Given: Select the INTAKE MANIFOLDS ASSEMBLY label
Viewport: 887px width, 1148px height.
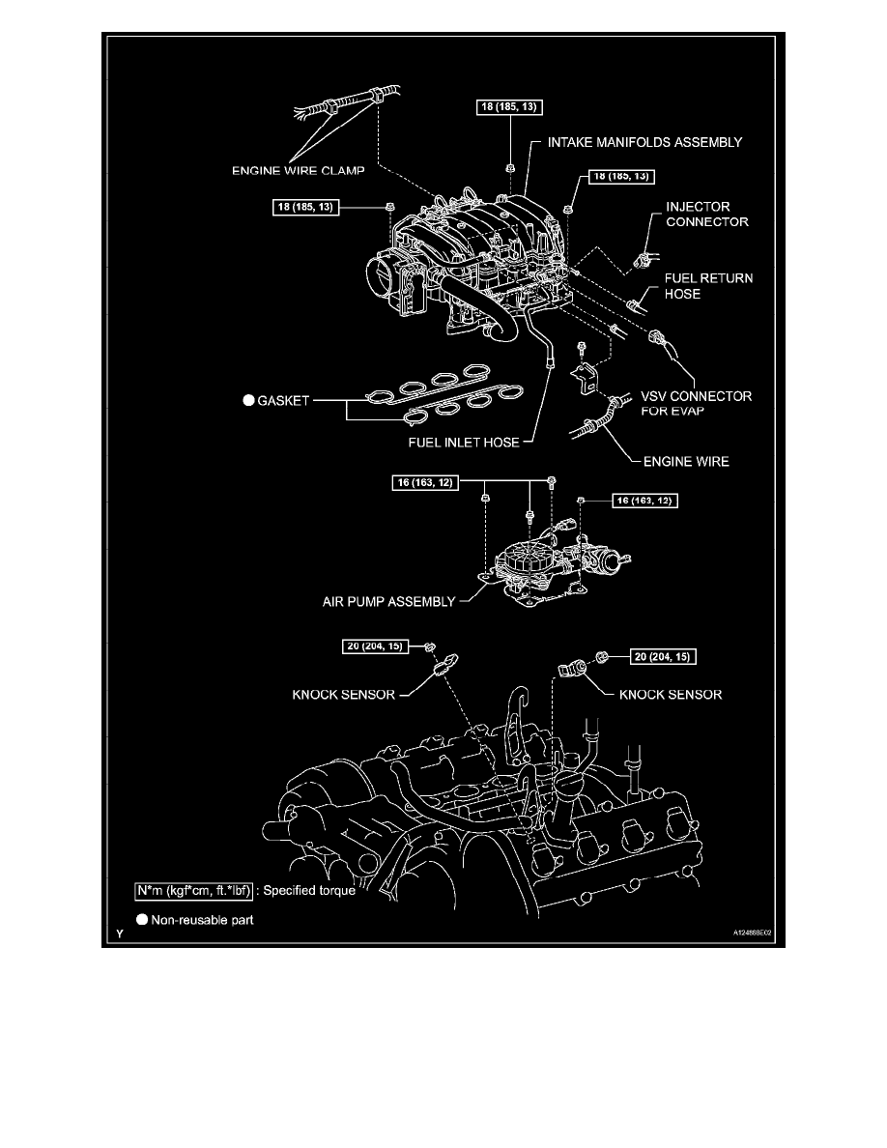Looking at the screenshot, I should tap(644, 142).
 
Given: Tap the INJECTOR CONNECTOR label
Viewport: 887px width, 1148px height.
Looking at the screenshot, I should tap(704, 215).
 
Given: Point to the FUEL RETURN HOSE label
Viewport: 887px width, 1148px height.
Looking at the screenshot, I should tap(707, 286).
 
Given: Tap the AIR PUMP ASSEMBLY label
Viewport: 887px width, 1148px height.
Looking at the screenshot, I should tap(388, 601).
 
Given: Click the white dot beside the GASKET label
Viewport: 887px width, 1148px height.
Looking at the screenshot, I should tap(249, 400).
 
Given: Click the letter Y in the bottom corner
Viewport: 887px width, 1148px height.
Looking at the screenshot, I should tap(120, 934).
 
